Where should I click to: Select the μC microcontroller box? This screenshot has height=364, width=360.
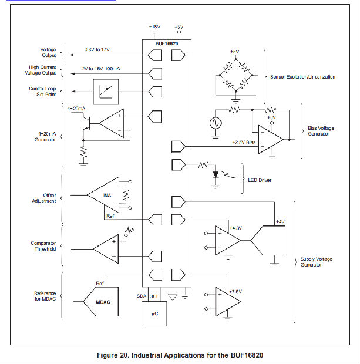154,315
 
